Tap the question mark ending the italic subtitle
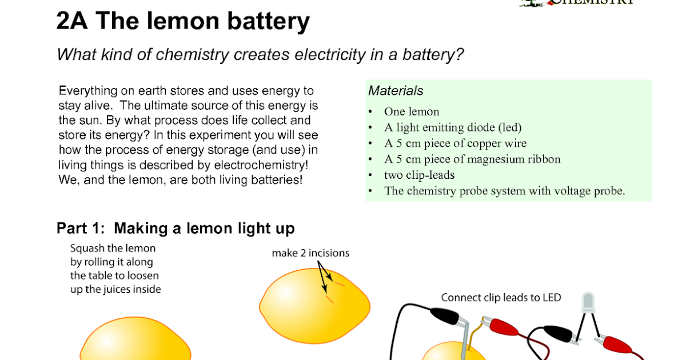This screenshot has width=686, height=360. tap(460, 55)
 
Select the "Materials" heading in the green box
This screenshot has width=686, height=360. tap(396, 91)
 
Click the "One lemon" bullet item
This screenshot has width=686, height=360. tap(412, 111)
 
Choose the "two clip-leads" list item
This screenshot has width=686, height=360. tap(419, 175)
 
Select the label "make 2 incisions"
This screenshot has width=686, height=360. tap(310, 253)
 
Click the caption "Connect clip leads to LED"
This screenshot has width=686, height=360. tap(501, 298)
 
